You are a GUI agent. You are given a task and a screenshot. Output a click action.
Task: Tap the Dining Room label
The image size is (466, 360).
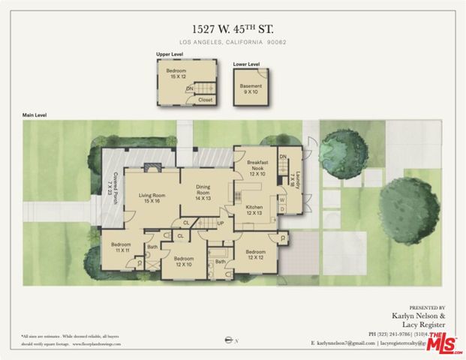point(203,191)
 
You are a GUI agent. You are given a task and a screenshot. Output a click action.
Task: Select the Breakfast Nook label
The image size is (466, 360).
point(257,169)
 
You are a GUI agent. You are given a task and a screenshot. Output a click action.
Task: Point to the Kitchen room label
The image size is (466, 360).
point(253,210)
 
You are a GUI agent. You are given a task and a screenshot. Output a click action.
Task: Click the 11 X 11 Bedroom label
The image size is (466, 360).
point(121,248)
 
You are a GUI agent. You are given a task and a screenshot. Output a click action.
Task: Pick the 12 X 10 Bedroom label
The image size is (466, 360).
point(184,261)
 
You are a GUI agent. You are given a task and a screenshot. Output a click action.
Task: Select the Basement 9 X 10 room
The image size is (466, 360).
point(251,90)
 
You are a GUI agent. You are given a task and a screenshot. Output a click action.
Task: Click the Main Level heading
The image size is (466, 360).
point(35,115)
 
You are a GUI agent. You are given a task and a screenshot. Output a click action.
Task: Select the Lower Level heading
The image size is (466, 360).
point(246,64)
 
